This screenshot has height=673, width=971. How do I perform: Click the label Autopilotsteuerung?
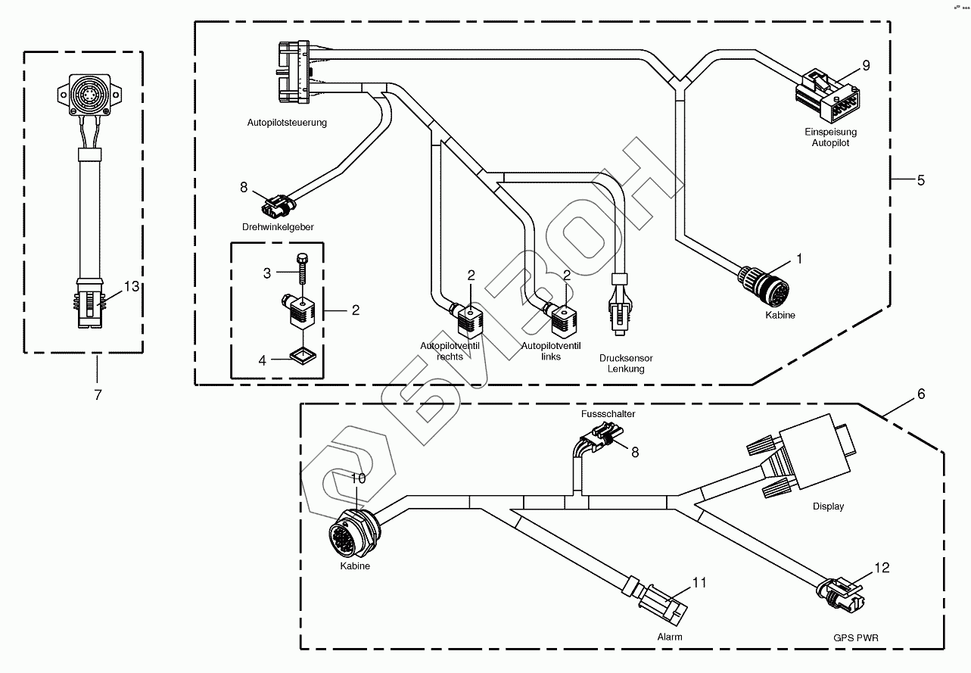pyautogui.click(x=287, y=123)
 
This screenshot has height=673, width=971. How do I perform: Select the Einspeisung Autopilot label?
pyautogui.click(x=830, y=137)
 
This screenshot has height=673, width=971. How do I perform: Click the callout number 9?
pyautogui.click(x=866, y=65)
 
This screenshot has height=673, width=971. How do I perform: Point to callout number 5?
pyautogui.click(x=920, y=180)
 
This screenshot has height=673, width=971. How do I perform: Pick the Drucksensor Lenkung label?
pyautogui.click(x=626, y=363)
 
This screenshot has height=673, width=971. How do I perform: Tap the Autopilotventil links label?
pyautogui.click(x=551, y=351)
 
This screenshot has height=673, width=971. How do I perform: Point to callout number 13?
pyautogui.click(x=132, y=286)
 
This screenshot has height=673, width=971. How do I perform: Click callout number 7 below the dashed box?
pyautogui.click(x=97, y=394)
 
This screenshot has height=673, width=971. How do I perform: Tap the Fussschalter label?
pyautogui.click(x=608, y=414)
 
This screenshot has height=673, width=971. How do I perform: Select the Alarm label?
pyautogui.click(x=669, y=637)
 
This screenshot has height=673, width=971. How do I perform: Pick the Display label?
pyautogui.click(x=828, y=506)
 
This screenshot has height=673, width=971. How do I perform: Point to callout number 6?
pyautogui.click(x=920, y=394)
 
